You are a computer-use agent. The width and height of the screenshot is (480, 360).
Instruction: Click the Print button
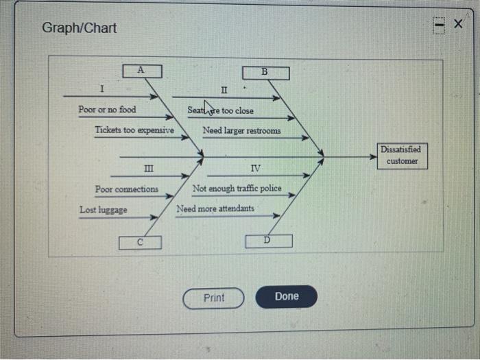click(x=213, y=298)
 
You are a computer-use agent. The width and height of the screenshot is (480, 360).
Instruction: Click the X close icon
click(x=457, y=25)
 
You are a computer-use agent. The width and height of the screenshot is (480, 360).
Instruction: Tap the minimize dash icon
click(x=439, y=26)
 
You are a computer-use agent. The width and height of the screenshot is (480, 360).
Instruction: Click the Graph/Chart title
click(x=80, y=28)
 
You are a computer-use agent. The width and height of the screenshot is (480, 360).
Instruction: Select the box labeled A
click(x=141, y=70)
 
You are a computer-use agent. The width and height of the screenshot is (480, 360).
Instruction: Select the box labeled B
click(x=265, y=72)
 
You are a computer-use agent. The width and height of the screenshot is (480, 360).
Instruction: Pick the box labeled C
click(x=140, y=242)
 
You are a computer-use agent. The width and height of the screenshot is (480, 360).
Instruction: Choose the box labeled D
click(x=268, y=241)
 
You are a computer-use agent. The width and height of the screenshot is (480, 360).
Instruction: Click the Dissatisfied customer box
click(x=402, y=155)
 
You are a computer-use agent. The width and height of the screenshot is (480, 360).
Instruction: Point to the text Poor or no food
click(x=107, y=110)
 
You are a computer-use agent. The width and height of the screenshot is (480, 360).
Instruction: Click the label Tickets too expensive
click(x=134, y=130)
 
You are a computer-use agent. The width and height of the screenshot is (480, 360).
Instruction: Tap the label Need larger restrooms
click(x=241, y=130)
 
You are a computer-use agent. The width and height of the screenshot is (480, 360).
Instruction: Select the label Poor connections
click(x=127, y=189)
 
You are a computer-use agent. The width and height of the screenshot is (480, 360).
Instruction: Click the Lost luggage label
click(x=103, y=210)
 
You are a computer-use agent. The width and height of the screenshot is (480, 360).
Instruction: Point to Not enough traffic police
click(x=237, y=189)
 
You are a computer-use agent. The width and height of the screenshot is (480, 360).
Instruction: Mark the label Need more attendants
click(x=215, y=208)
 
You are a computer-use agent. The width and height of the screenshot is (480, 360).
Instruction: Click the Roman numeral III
click(x=148, y=169)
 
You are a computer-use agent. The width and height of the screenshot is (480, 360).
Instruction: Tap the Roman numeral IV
click(x=255, y=169)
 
